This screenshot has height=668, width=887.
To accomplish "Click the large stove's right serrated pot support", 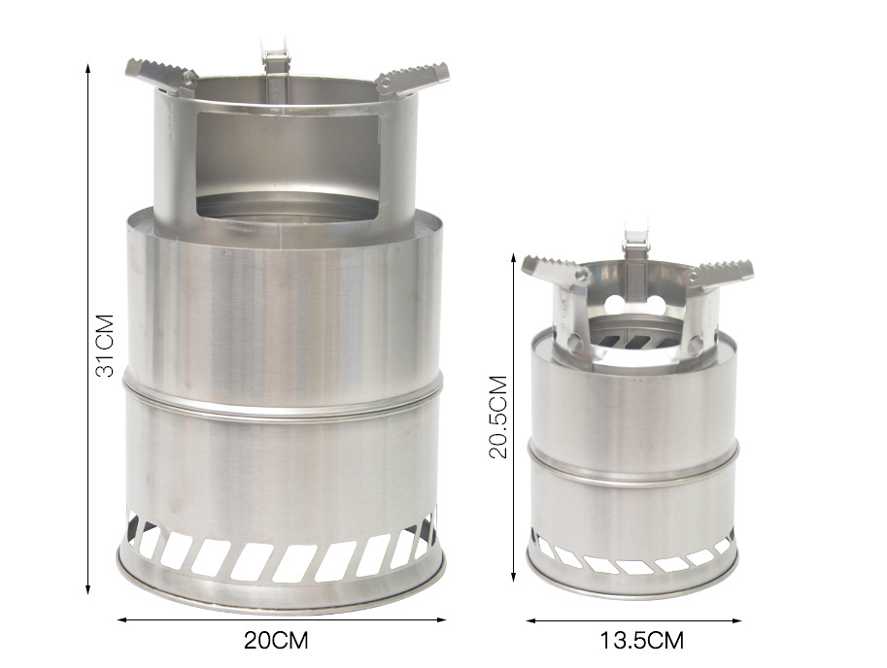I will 412,76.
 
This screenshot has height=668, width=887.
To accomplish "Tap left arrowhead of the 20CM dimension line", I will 122,618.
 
